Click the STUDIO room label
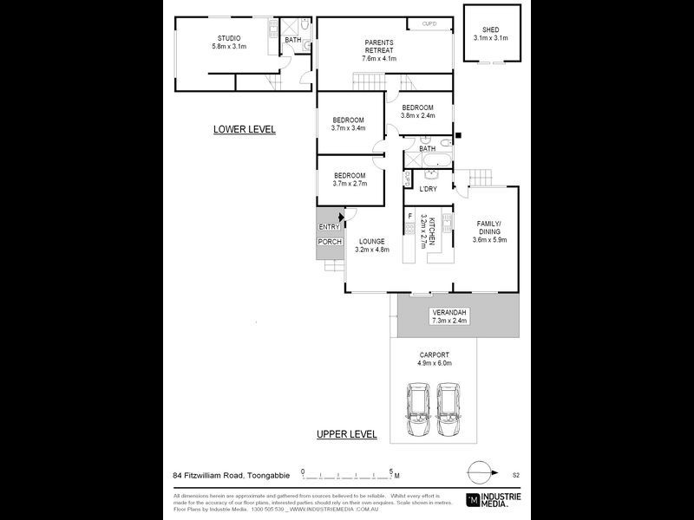(229, 38)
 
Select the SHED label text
(490, 30)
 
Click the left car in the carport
(420, 410)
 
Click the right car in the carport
(449, 410)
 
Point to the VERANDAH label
(449, 312)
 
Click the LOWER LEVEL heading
(245, 129)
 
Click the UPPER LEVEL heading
(346, 433)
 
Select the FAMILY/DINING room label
(488, 228)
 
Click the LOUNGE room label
(372, 241)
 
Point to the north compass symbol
(480, 473)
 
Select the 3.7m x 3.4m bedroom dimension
(348, 128)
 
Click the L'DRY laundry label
(428, 189)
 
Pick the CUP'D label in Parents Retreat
(429, 23)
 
